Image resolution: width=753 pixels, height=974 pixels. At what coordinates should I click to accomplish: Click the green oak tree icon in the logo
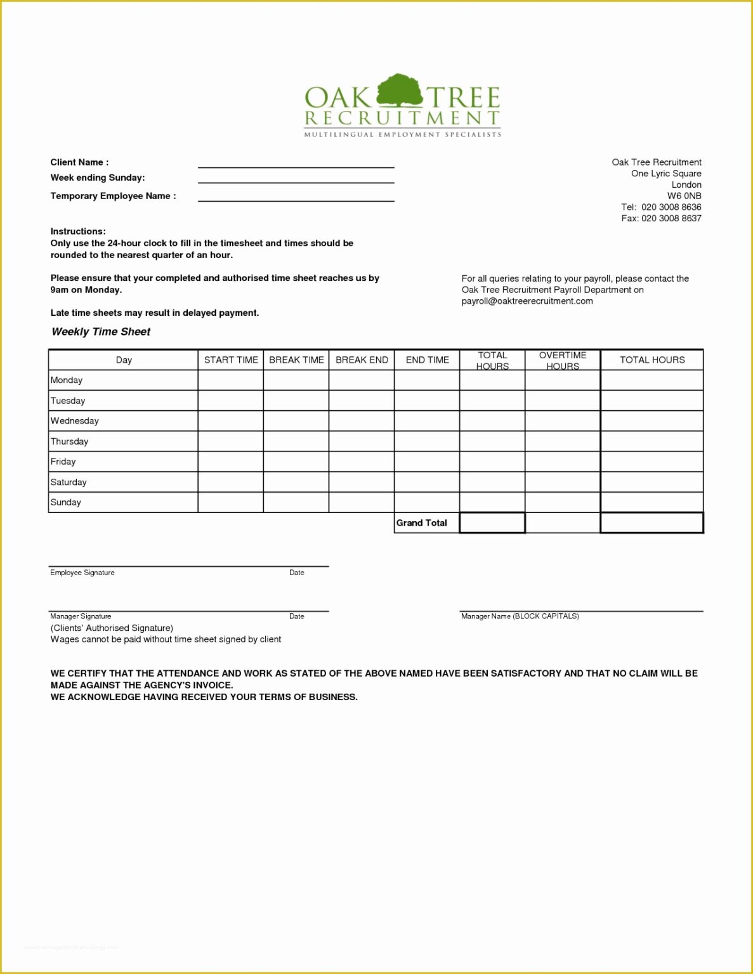399,90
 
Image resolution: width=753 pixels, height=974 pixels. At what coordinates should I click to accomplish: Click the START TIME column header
231,360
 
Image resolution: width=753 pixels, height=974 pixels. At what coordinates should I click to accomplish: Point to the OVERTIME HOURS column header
562,360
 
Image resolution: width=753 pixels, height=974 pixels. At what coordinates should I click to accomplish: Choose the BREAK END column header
362,360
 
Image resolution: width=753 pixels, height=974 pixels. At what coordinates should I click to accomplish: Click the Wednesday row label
75,421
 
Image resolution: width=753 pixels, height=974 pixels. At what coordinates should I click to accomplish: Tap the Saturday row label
69,482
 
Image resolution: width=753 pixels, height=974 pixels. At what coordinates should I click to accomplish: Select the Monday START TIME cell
231,380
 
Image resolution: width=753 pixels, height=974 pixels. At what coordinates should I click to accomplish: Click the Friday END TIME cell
427,462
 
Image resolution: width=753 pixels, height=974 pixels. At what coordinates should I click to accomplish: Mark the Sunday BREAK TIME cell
296,502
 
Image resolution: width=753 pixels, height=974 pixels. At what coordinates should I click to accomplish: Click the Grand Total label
422,523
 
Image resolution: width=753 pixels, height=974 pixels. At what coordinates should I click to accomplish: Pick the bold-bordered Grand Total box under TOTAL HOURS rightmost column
652,523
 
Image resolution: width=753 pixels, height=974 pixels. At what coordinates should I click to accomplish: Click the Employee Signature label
82,573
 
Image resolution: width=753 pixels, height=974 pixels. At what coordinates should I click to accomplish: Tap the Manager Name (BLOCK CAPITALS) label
520,616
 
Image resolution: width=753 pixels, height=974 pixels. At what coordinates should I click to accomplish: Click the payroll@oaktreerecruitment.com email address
527,301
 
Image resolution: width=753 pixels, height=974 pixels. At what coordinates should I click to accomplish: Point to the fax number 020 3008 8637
671,218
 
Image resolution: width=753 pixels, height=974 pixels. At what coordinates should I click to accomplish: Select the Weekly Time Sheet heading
101,332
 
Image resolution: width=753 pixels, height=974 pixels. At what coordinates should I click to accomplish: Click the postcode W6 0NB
684,196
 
